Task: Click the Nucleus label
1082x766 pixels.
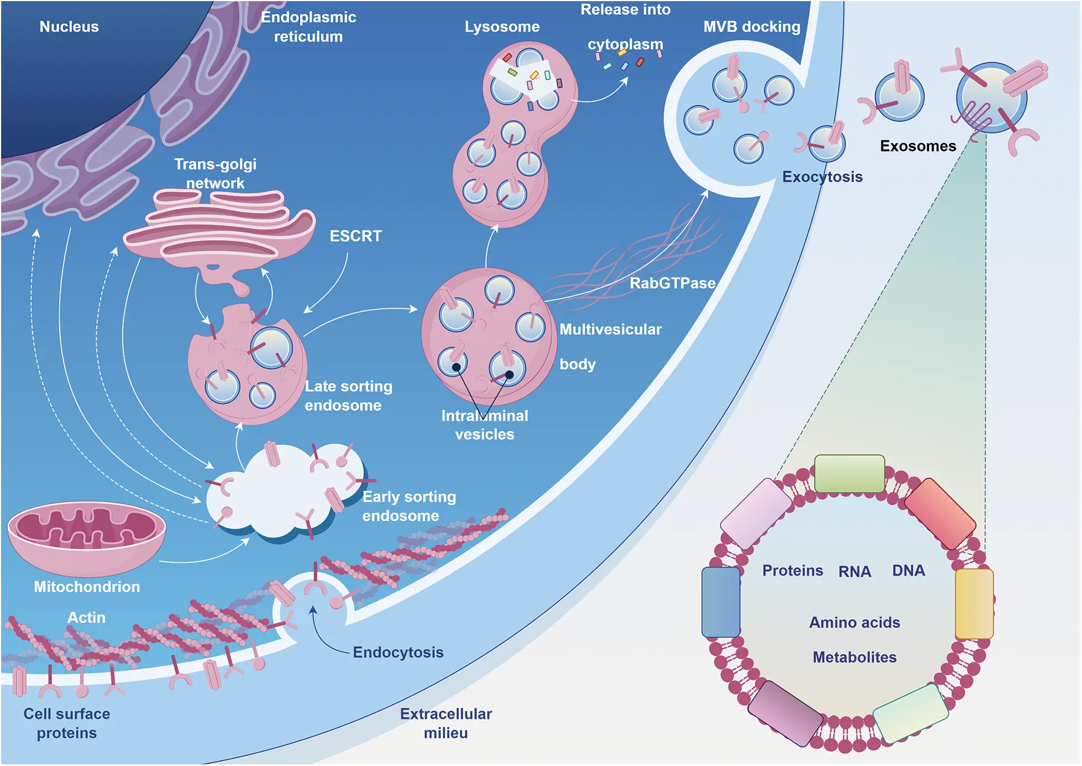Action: pyautogui.click(x=69, y=27)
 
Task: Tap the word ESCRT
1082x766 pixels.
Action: pyautogui.click(x=355, y=236)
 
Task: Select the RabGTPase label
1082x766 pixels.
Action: pyautogui.click(x=672, y=283)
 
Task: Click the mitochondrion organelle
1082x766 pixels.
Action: pyautogui.click(x=87, y=537)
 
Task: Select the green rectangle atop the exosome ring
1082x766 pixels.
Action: pyautogui.click(x=849, y=474)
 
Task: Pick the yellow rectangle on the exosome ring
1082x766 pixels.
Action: pyautogui.click(x=974, y=604)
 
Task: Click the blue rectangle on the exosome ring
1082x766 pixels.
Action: pyautogui.click(x=721, y=602)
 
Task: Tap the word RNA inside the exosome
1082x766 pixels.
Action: pyautogui.click(x=855, y=572)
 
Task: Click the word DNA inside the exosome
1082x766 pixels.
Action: pyautogui.click(x=908, y=571)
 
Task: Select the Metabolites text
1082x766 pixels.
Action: pyautogui.click(x=855, y=658)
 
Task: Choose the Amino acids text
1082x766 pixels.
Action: pyautogui.click(x=855, y=623)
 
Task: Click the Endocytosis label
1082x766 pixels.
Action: pyautogui.click(x=398, y=653)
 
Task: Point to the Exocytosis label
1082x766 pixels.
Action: pyautogui.click(x=822, y=177)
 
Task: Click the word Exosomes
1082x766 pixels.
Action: pyautogui.click(x=918, y=146)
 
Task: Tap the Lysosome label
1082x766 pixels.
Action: pyautogui.click(x=502, y=27)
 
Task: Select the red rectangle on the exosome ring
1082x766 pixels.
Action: pyautogui.click(x=940, y=514)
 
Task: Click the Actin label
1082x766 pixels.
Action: pyautogui.click(x=86, y=618)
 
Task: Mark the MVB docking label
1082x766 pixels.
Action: pyautogui.click(x=752, y=27)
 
